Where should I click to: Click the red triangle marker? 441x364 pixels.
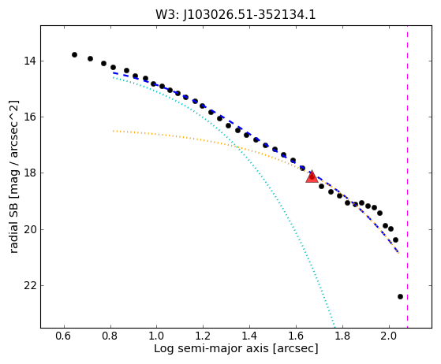[x=312, y=176]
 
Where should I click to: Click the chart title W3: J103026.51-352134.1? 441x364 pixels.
[x=236, y=15]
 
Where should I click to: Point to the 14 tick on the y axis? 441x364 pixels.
[x=30, y=61]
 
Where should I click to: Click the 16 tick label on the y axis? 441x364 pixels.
[x=30, y=117]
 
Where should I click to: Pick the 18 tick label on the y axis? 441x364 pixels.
[x=30, y=173]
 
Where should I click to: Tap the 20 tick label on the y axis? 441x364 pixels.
[x=30, y=229]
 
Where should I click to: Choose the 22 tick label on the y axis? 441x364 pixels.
[x=30, y=286]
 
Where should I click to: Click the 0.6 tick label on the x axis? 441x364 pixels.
[x=64, y=336]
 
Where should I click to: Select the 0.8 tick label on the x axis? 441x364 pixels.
[x=110, y=336]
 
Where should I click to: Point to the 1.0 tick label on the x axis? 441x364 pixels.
[x=156, y=336]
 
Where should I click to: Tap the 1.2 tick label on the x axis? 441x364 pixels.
[x=203, y=336]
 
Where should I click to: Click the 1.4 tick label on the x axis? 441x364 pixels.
[x=249, y=336]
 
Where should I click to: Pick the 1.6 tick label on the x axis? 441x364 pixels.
[x=296, y=336]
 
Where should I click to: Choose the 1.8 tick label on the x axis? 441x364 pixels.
[x=342, y=336]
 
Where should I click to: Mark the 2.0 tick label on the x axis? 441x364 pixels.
[x=389, y=336]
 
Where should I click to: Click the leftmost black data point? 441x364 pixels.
[x=74, y=55]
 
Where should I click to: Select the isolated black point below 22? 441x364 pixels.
[x=400, y=296]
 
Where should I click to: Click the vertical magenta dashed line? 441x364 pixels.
[x=407, y=176]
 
